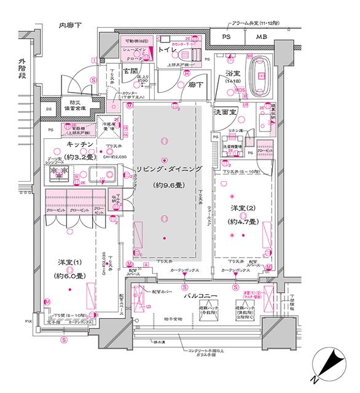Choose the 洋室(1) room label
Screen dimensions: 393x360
point(71,263)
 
